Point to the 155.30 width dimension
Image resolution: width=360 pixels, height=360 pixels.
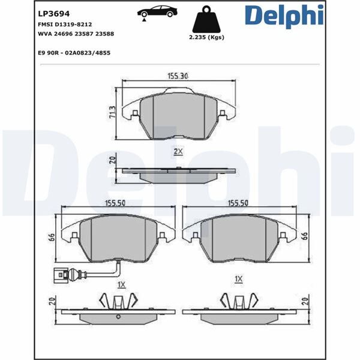178,76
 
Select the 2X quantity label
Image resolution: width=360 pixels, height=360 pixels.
178,151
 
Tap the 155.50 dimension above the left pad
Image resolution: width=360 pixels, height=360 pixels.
114,203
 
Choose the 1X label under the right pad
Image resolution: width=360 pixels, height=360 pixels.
239,280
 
